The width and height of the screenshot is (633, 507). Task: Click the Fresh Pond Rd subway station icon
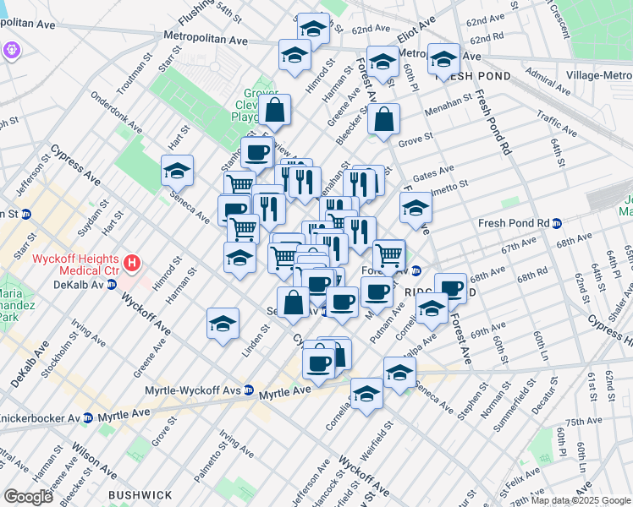point(558,224)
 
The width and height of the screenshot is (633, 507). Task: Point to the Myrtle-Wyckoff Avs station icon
point(249,390)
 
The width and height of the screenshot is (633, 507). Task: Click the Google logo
point(28,497)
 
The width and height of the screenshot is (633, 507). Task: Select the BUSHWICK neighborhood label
point(140,494)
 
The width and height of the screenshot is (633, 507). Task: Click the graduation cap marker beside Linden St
point(223,324)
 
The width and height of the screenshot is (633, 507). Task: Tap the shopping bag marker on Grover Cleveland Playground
point(275,110)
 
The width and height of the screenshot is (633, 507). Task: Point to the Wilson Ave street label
point(92,457)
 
